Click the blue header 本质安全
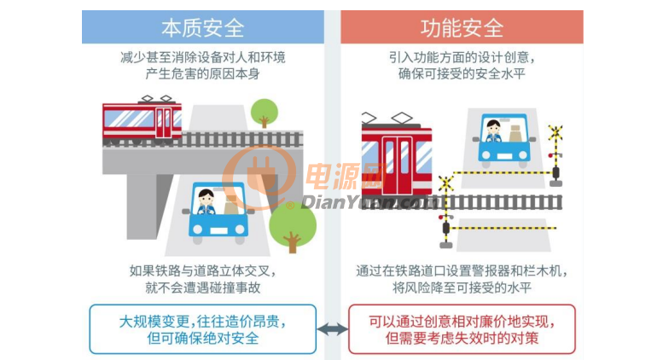coord(203,27)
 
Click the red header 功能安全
coord(462,27)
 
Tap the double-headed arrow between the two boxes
coord(332,329)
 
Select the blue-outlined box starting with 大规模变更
coord(203,329)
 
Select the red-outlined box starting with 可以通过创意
coord(462,329)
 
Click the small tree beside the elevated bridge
coord(265,113)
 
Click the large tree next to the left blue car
coord(293,227)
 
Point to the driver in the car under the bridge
coord(206,201)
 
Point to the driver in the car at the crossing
coord(493,131)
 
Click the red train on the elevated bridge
coord(142,120)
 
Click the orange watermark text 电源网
coord(345,177)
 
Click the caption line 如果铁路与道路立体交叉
coord(203,270)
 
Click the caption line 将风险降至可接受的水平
coord(462,288)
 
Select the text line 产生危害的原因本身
coord(203,74)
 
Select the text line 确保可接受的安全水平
coord(462,74)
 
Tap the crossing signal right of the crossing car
coord(555,155)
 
